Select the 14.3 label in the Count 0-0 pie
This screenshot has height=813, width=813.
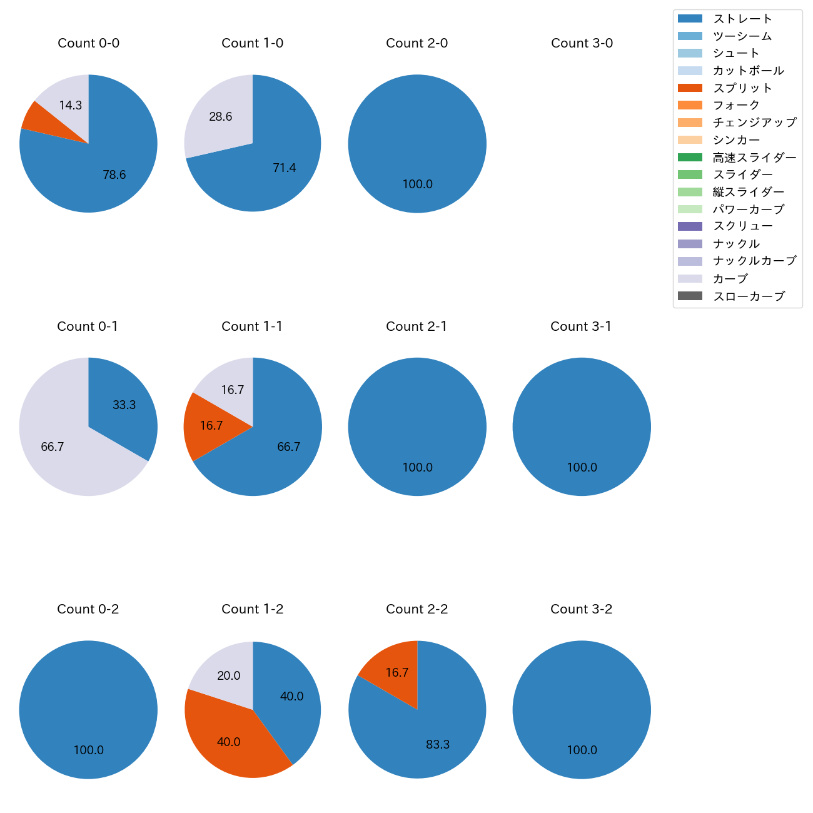click(71, 106)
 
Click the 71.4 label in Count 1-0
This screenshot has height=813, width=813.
click(285, 168)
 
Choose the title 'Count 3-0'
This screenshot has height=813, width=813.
click(582, 43)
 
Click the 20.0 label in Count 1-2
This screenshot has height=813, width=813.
click(229, 676)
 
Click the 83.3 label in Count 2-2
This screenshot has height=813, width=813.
click(438, 745)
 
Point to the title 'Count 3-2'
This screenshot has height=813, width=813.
click(582, 609)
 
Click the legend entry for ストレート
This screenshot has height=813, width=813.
click(742, 19)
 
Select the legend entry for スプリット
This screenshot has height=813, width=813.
click(742, 88)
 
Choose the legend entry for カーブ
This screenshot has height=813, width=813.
click(730, 279)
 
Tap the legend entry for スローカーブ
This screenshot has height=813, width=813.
click(749, 296)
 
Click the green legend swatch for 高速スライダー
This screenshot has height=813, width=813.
click(690, 158)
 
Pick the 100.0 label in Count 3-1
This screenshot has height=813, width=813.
click(582, 468)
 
